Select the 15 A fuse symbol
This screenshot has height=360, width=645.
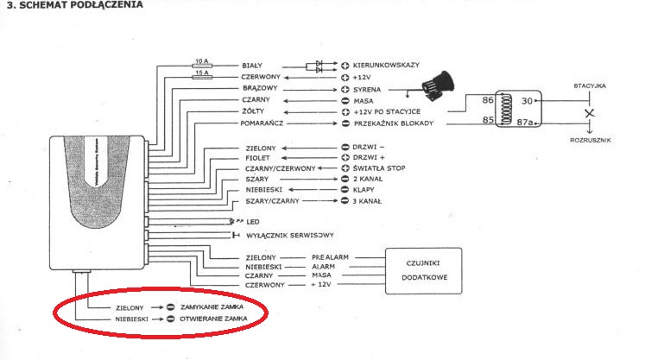(x=200, y=77)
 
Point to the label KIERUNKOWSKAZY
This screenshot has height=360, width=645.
(x=387, y=65)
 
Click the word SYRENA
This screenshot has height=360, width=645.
(x=368, y=89)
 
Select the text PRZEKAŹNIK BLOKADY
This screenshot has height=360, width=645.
(x=396, y=123)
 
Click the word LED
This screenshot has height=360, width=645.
(x=253, y=222)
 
